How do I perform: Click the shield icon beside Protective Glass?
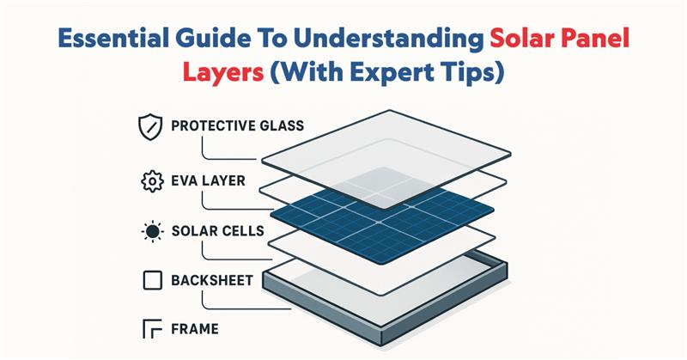(x=149, y=127)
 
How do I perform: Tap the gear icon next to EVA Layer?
(x=149, y=182)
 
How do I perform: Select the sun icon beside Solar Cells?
(x=149, y=232)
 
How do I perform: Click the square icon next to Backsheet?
(x=149, y=281)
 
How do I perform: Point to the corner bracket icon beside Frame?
(x=149, y=328)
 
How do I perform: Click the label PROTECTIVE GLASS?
(x=237, y=126)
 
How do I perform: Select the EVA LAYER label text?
(x=207, y=182)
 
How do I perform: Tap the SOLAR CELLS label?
(x=217, y=232)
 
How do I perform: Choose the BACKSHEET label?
(x=212, y=281)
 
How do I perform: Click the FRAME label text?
(x=195, y=328)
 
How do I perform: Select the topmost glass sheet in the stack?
(x=382, y=142)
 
